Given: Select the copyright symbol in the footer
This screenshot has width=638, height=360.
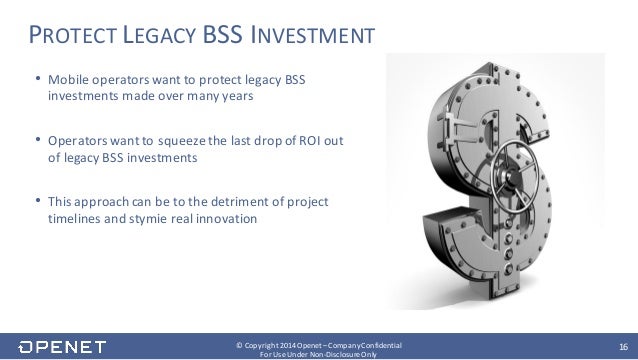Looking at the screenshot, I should click(238, 343).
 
